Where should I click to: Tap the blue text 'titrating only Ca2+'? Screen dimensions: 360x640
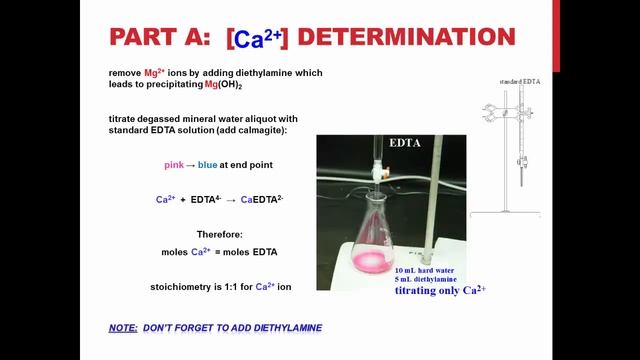click(440, 291)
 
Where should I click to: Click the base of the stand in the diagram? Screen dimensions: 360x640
click(505, 214)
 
